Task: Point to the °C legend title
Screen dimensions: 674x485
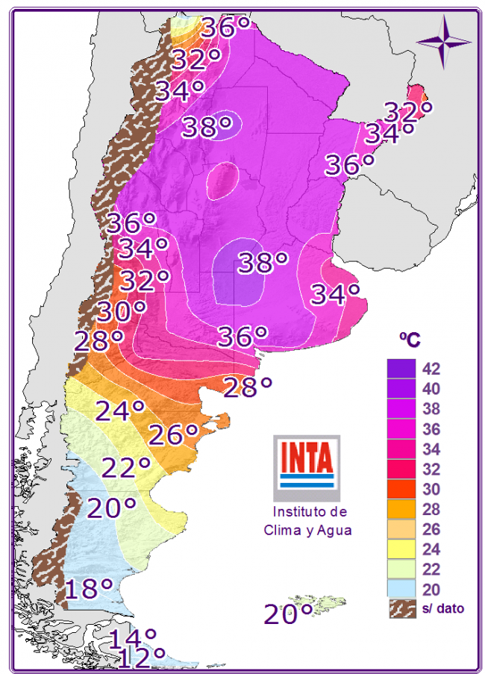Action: [410, 340]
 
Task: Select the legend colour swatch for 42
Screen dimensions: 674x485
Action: [401, 369]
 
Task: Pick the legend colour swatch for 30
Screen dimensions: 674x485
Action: [401, 490]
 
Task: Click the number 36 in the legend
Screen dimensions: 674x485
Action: [431, 429]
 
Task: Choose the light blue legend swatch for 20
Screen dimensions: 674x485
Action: [401, 590]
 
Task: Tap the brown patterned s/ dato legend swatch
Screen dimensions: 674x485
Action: [401, 609]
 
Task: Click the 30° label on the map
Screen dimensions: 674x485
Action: [120, 311]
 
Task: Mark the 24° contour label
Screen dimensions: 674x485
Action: [119, 411]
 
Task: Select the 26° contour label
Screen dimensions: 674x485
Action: [173, 434]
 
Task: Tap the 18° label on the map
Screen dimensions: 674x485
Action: [88, 589]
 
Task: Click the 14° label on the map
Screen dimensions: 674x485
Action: [133, 639]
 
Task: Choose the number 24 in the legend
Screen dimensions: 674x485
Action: [431, 550]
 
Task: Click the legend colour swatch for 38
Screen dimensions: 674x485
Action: [401, 409]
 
